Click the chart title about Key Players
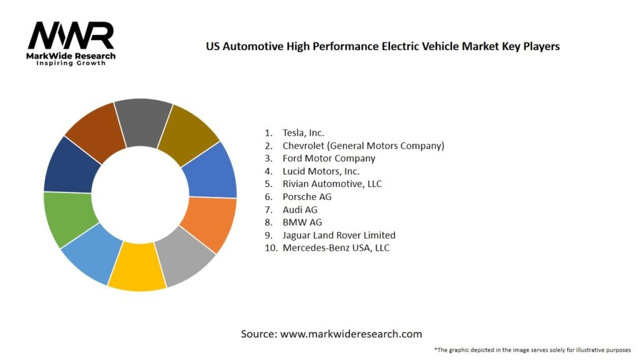pos(382,46)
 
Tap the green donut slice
pos(69,219)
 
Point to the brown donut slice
pos(96,131)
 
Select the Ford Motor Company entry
pos(329,158)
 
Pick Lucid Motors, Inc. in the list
pos(321,171)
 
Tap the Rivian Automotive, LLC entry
pos(332,184)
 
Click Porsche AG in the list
pos(307,197)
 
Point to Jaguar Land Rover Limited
pos(339,235)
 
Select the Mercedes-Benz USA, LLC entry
pos(336,248)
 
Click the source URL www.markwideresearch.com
pos(351,334)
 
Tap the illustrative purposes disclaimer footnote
pos(533,350)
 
